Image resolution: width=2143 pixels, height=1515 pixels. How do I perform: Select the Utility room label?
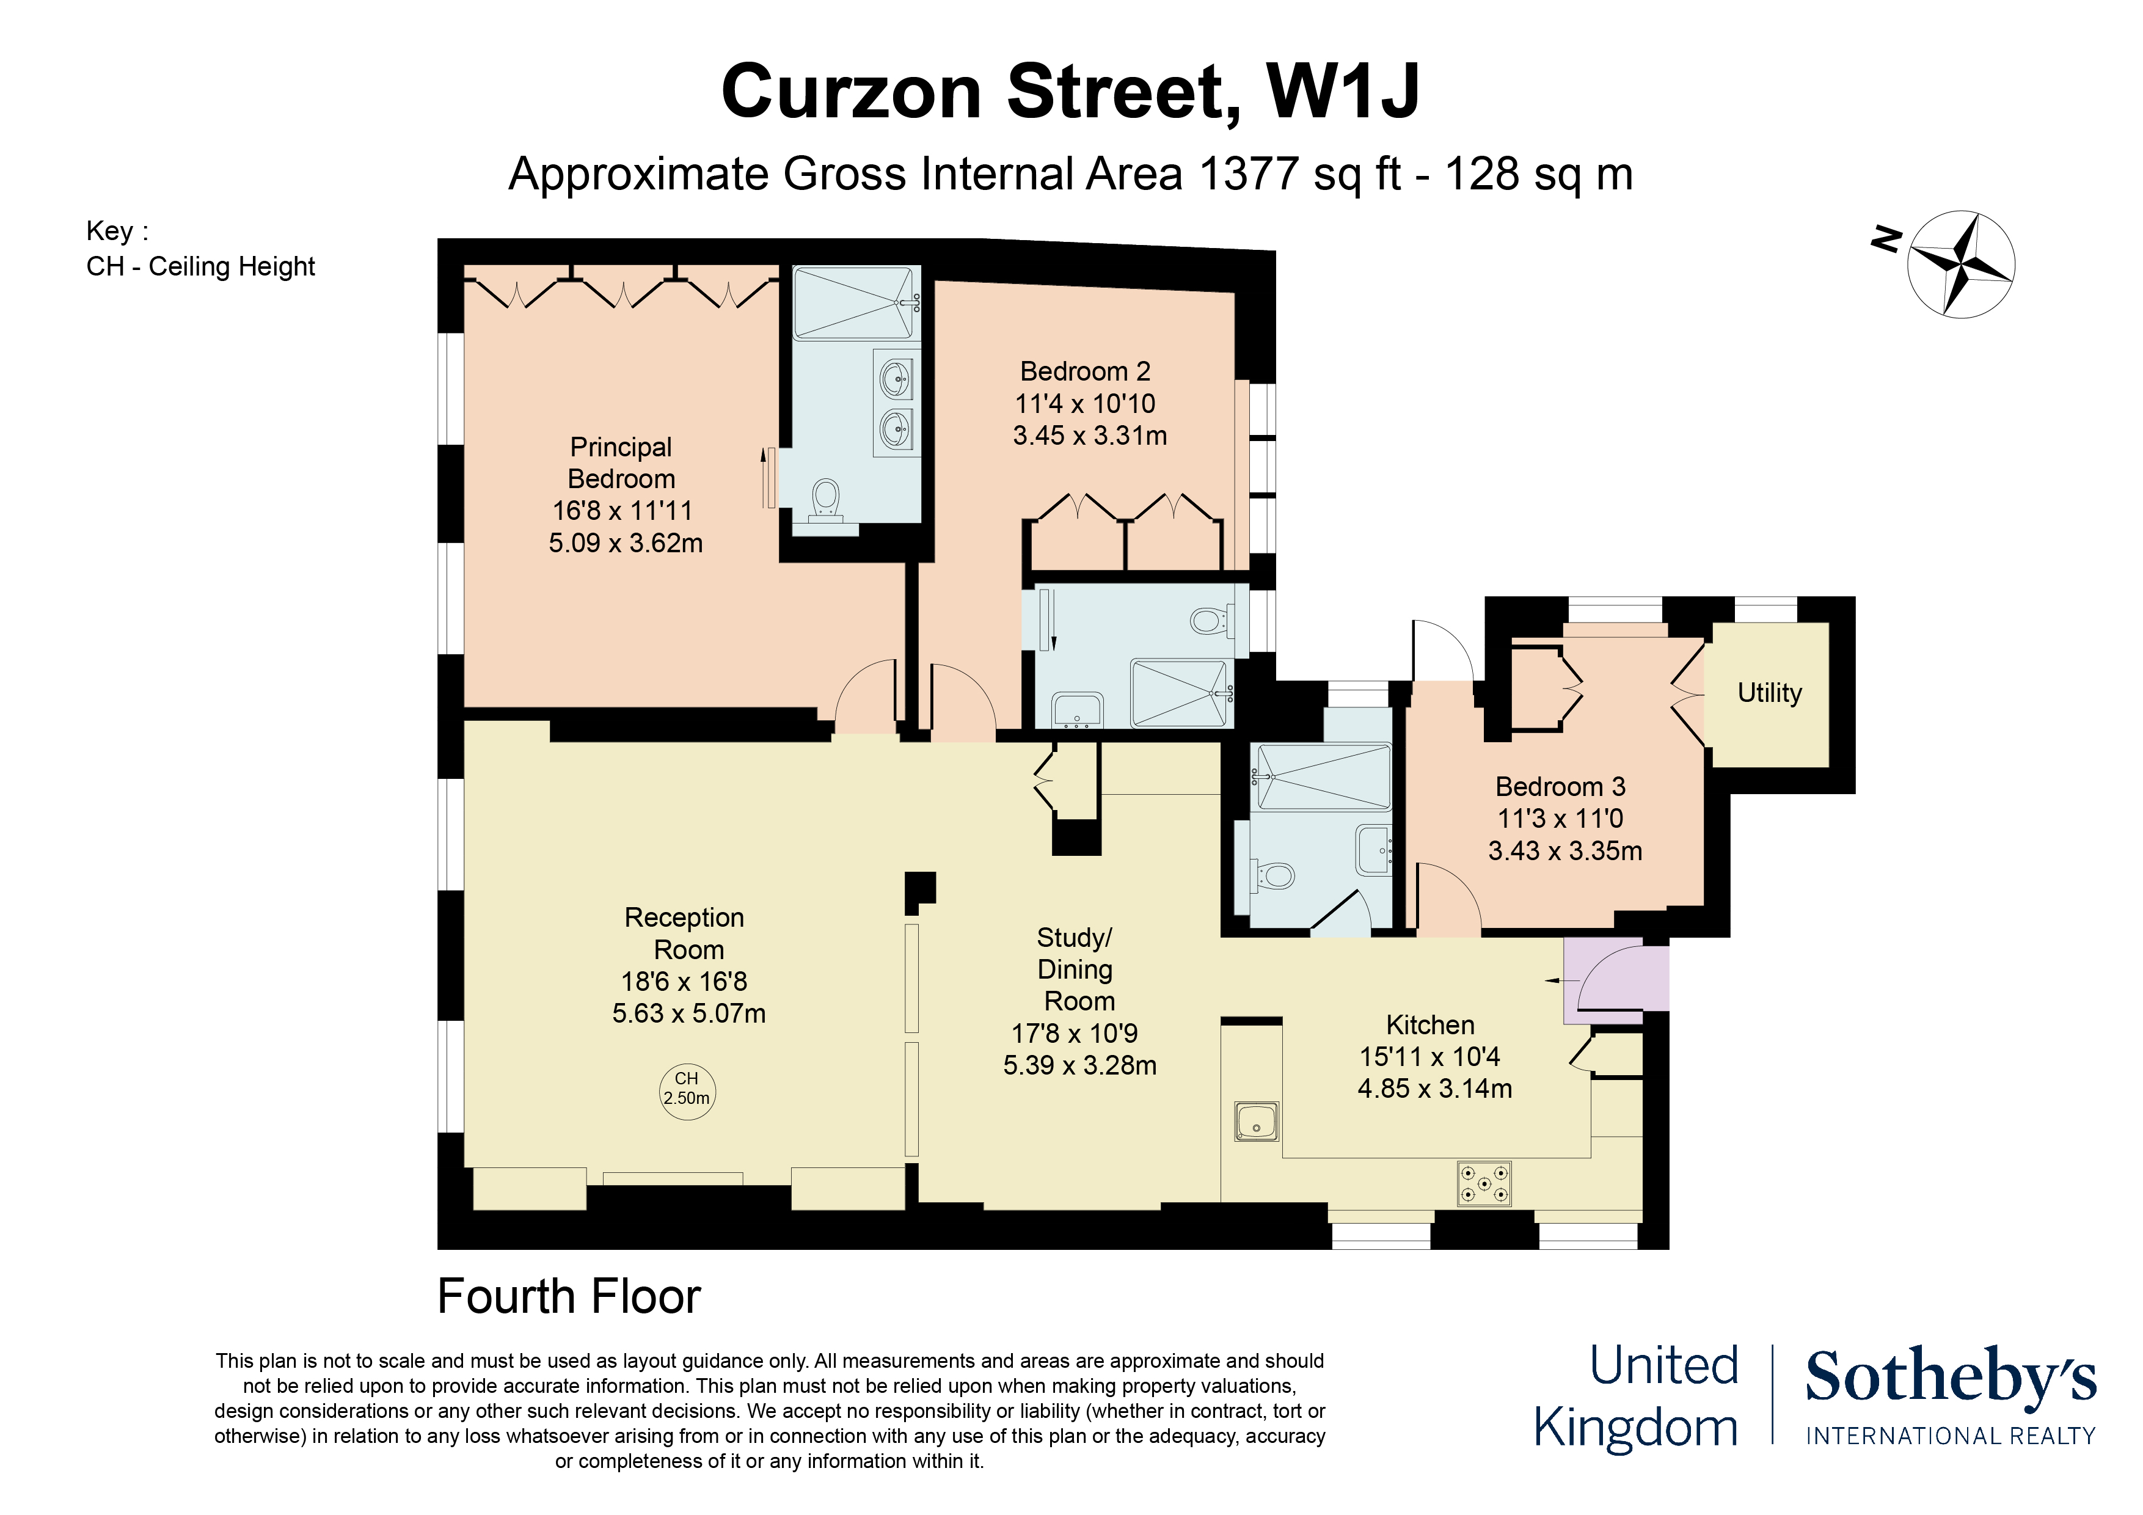coord(1769,693)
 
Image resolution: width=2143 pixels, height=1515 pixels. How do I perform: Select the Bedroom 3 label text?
coord(1560,786)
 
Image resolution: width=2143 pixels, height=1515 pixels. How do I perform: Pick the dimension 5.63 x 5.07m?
coord(689,1013)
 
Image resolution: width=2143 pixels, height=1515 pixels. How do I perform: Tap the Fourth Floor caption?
coord(568,1296)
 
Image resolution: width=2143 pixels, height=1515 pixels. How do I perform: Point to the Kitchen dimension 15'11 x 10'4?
coord(1429,1057)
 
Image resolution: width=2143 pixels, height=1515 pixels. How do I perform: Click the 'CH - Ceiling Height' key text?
coord(200,267)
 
